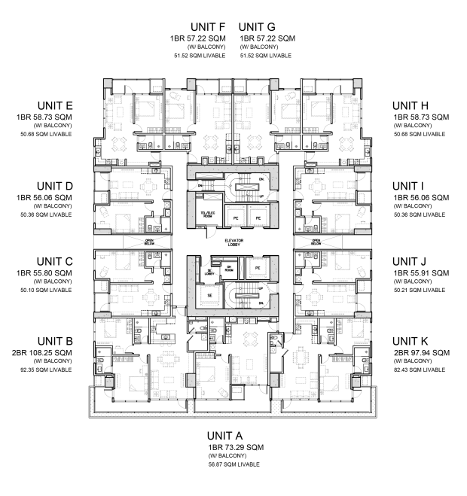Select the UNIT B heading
click(54, 340)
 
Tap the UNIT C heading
click(54, 261)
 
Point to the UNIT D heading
click(54, 185)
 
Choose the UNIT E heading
click(54, 105)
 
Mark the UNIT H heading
click(411, 105)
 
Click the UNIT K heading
click(411, 340)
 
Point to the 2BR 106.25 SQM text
click(44, 352)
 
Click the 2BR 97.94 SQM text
click(420, 352)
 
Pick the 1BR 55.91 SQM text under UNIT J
click(420, 272)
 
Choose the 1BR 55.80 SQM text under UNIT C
click(44, 272)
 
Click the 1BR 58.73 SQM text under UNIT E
click(44, 117)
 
